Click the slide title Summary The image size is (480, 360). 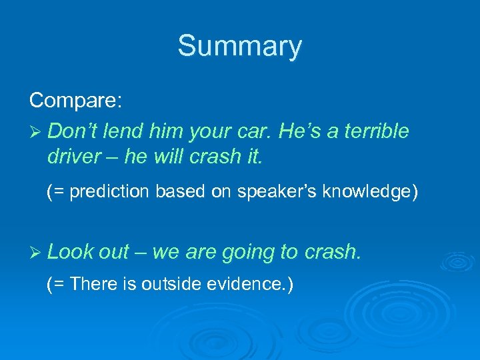(x=239, y=47)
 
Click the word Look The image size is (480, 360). (x=70, y=251)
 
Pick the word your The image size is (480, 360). (x=215, y=132)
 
